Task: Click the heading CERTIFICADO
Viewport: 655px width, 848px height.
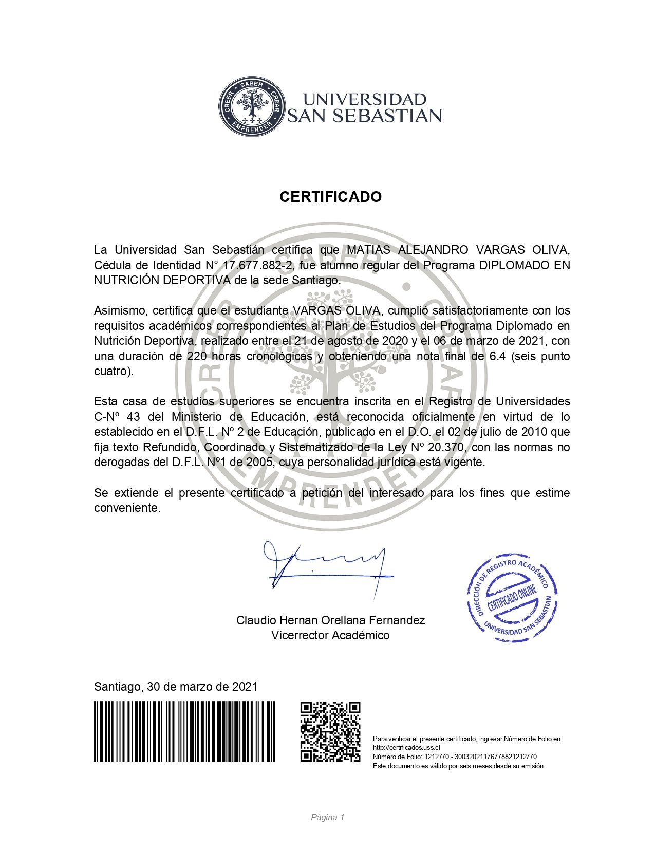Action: (x=330, y=197)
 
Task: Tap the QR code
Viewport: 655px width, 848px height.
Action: (x=330, y=731)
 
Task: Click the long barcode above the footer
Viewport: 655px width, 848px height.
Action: (x=184, y=731)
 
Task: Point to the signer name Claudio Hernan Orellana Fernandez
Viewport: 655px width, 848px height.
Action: (x=330, y=620)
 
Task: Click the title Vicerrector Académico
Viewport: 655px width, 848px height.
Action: (x=330, y=635)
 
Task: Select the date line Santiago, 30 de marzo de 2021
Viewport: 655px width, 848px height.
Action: (x=176, y=687)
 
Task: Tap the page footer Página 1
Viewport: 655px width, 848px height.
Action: (x=327, y=817)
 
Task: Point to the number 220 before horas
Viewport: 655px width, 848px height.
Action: (x=197, y=356)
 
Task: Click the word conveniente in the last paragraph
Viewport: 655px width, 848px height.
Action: (x=127, y=508)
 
